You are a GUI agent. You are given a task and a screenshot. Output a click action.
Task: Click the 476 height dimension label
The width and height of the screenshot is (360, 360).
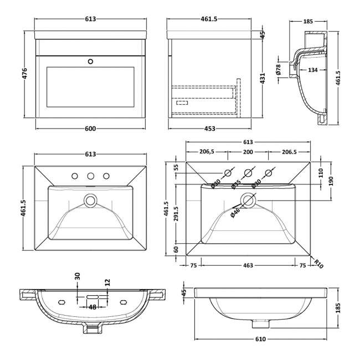[x=25, y=74]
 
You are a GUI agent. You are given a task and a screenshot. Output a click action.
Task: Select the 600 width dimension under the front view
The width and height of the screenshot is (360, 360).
[x=91, y=129]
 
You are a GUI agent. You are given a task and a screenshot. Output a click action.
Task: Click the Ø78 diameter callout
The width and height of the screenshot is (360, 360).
[x=278, y=70]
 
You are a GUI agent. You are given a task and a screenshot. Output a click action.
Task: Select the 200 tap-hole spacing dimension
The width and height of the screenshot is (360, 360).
[x=248, y=152]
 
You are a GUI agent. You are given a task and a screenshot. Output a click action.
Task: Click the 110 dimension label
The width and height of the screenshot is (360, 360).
[x=320, y=172]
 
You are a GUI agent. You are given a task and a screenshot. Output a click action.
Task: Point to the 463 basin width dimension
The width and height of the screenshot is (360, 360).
[x=248, y=266]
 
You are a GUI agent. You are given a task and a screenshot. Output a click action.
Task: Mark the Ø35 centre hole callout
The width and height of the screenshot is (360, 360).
[x=236, y=183]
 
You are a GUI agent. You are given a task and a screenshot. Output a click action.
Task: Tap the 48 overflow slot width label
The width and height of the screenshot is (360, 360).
[x=92, y=307]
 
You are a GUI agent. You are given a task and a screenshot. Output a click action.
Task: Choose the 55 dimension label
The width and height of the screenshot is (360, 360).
[x=176, y=168]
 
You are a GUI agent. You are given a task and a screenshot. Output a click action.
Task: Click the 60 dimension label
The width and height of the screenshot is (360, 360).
[x=176, y=250]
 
